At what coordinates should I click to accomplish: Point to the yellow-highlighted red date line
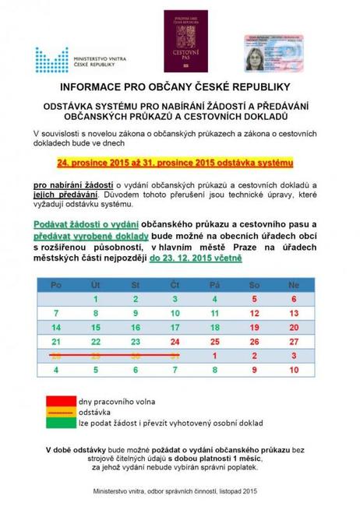(x=179, y=163)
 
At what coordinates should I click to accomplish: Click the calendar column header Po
(x=55, y=285)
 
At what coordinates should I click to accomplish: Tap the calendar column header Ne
(x=294, y=285)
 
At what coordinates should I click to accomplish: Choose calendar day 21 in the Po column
(x=55, y=341)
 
